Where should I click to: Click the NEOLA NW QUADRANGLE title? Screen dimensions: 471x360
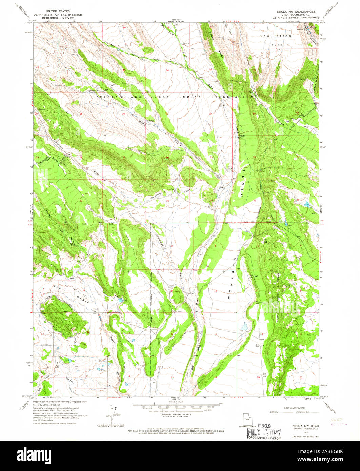click(x=298, y=11)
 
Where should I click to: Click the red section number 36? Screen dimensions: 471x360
click(x=211, y=200)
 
